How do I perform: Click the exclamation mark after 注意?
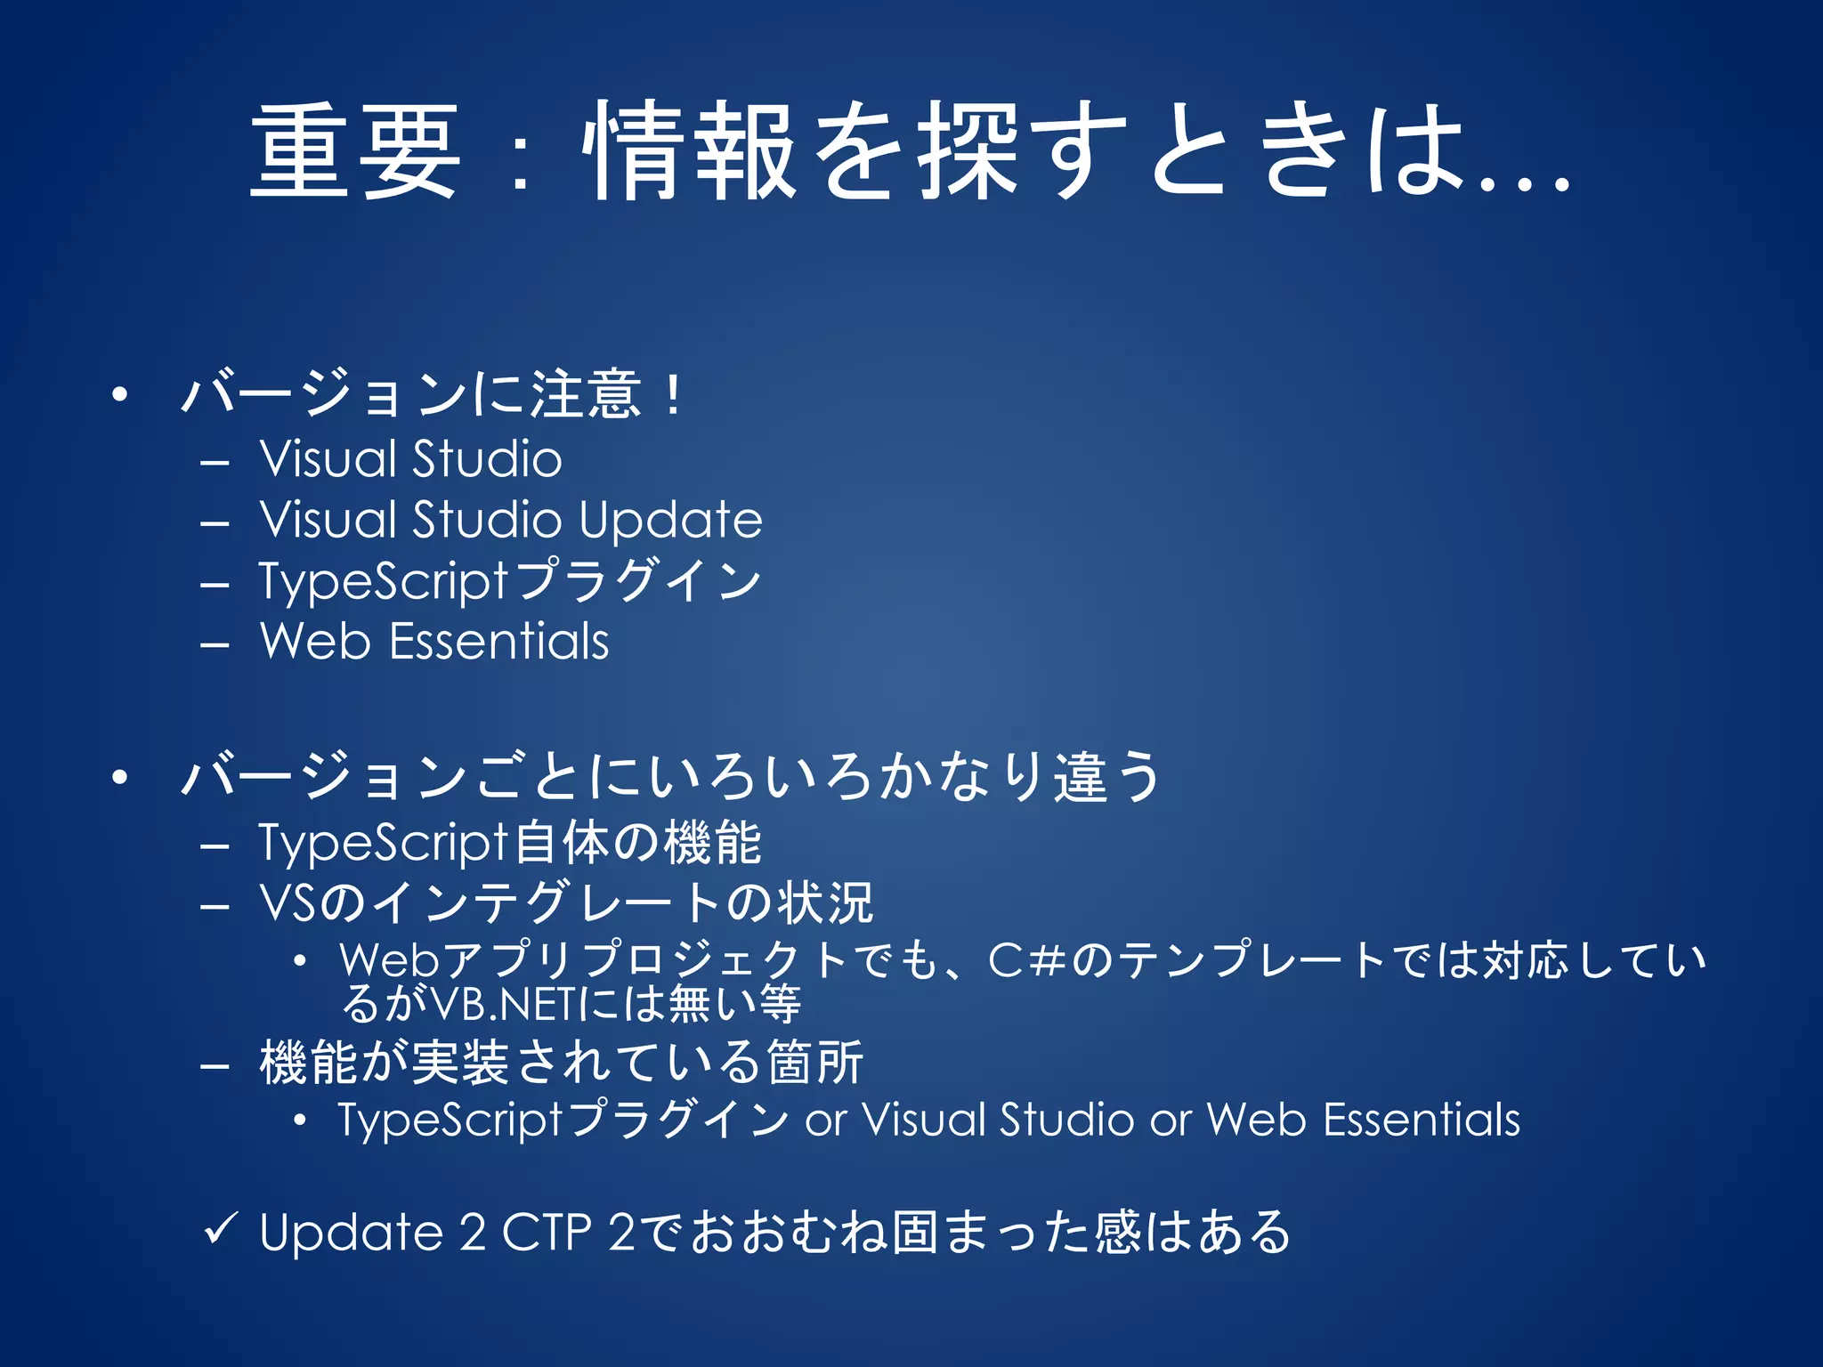[674, 395]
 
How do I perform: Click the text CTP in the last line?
[547, 1233]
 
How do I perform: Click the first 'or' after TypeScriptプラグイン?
[825, 1120]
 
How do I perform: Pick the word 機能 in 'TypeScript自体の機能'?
[711, 843]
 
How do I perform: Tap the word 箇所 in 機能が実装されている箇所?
[815, 1063]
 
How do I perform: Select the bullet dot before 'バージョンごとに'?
[120, 777]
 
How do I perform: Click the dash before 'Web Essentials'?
[215, 643]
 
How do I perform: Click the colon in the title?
[522, 160]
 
